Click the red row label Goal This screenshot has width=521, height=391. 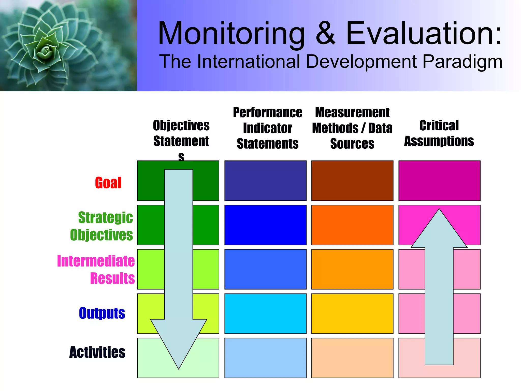coord(108,183)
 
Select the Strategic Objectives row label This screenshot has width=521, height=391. coord(102,226)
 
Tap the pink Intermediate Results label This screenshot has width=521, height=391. coord(96,269)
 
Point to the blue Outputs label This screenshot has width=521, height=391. coord(102,313)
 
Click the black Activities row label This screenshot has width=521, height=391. coord(97,352)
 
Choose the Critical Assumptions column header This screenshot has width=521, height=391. coord(439,133)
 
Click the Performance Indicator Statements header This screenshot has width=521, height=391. coord(268,128)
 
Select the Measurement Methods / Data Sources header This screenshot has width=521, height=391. coord(352,128)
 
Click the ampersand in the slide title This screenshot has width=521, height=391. coord(326,33)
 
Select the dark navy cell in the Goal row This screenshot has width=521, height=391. coord(265,180)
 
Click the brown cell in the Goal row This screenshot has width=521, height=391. coord(352,180)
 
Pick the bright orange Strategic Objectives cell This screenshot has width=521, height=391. coord(352,225)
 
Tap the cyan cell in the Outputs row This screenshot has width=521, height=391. coord(265,313)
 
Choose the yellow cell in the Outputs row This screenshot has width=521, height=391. coord(352,313)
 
